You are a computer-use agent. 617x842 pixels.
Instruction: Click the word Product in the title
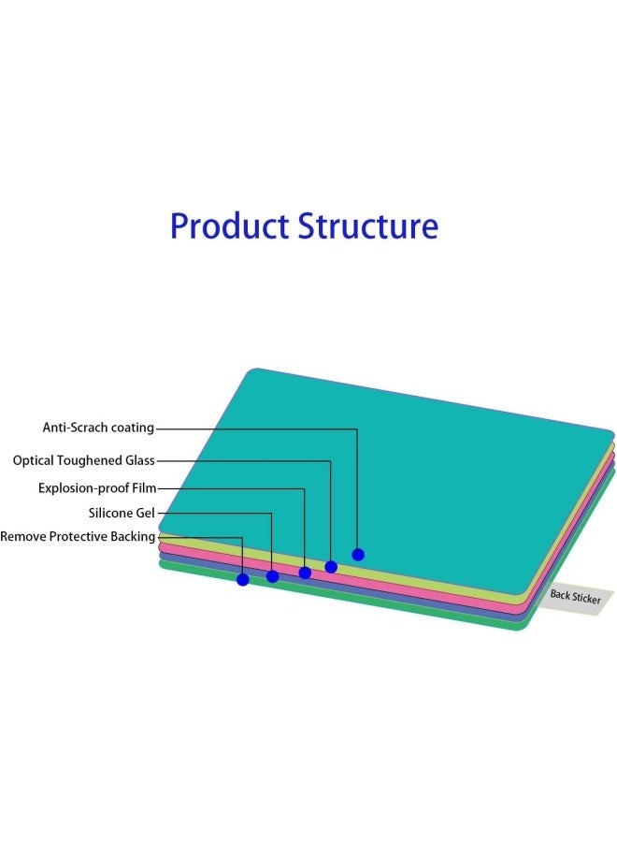click(230, 226)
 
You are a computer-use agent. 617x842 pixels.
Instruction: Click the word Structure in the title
click(368, 226)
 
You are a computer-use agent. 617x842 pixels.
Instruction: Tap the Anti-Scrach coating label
click(98, 428)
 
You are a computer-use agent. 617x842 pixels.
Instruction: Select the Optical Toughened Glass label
click(84, 460)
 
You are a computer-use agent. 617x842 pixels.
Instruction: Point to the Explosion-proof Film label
click(97, 488)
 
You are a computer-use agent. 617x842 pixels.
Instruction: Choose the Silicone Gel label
click(122, 513)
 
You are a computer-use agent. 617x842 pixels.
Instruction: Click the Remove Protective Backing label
click(78, 536)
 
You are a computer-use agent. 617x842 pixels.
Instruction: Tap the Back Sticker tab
click(575, 597)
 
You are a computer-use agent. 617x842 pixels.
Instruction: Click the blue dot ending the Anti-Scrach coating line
click(358, 555)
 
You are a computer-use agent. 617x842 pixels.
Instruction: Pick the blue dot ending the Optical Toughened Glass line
click(331, 567)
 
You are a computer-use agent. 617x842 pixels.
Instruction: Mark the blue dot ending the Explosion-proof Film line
click(305, 573)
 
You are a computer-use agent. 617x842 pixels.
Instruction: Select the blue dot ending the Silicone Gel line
click(273, 576)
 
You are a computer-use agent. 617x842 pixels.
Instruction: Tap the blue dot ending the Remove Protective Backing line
click(242, 579)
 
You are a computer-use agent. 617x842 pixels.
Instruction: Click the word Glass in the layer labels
click(140, 460)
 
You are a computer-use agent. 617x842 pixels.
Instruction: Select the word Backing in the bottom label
click(133, 536)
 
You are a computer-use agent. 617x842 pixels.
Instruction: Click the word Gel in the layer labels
click(145, 513)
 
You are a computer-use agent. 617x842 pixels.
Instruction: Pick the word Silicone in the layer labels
click(110, 513)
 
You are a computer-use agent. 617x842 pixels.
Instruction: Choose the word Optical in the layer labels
click(34, 460)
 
